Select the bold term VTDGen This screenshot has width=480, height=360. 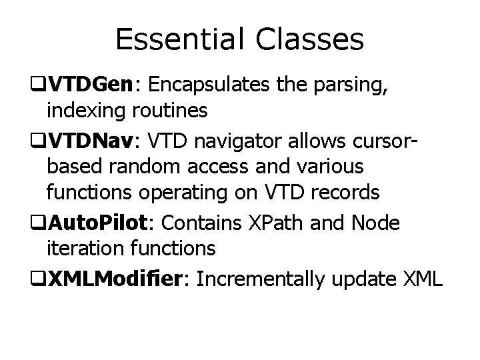(95, 85)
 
